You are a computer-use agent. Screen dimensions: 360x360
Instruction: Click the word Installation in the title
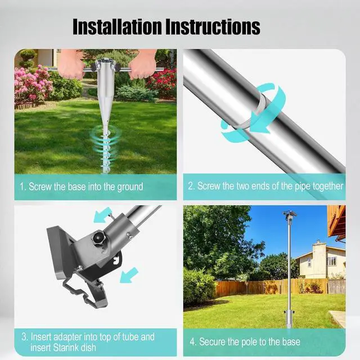pyautogui.click(x=118, y=27)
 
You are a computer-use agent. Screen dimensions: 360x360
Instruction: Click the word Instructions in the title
pyautogui.click(x=213, y=27)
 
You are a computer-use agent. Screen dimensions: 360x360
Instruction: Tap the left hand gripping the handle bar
pyautogui.click(x=71, y=64)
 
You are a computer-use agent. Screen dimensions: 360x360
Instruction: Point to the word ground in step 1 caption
pyautogui.click(x=130, y=187)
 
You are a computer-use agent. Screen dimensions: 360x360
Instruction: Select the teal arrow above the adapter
pyautogui.click(x=102, y=214)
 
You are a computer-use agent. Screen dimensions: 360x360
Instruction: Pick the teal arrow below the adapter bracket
pyautogui.click(x=129, y=275)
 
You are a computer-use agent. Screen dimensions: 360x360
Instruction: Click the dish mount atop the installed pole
pyautogui.click(x=290, y=215)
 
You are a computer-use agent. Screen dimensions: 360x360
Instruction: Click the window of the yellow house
pyautogui.click(x=331, y=260)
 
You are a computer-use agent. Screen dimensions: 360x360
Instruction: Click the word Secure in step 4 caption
pyautogui.click(x=212, y=341)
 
